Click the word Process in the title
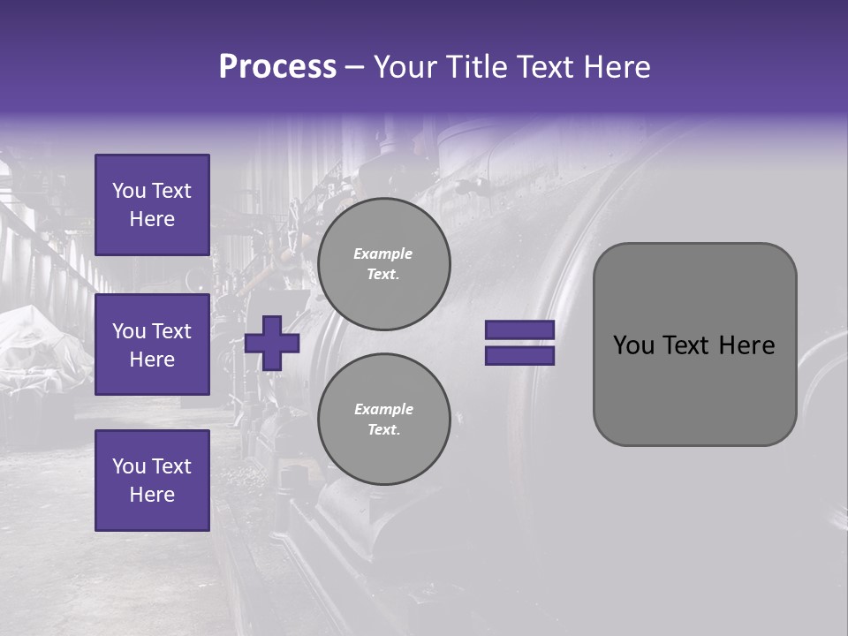tap(277, 67)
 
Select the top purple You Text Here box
tap(152, 205)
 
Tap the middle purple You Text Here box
tap(152, 344)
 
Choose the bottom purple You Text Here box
tap(152, 480)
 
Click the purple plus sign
tap(272, 343)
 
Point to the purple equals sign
tap(519, 343)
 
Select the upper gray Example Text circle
tap(383, 263)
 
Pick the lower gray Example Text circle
tap(383, 419)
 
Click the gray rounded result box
tap(694, 344)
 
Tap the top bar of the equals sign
tap(519, 329)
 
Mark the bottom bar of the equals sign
tap(519, 356)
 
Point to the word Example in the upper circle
tap(383, 254)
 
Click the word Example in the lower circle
tap(383, 409)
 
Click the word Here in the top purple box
tap(152, 219)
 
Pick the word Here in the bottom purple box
tap(152, 495)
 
